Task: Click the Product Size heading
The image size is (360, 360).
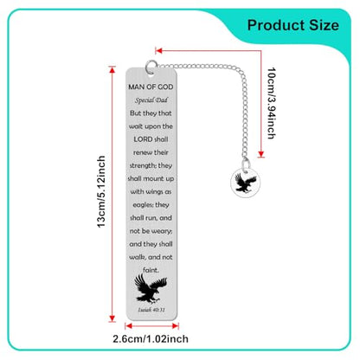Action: pos(292,25)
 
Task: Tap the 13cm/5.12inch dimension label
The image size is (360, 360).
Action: pos(101,192)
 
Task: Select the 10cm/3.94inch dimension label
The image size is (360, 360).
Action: pos(272,103)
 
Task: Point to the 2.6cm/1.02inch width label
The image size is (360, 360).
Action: pos(151,338)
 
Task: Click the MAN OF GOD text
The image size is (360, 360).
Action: pos(151,87)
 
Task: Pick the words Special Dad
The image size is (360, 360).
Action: pos(151,100)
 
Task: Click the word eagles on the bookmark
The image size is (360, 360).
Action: pos(142,205)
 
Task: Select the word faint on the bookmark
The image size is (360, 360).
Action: pos(151,270)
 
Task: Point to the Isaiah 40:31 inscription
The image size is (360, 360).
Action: pos(151,310)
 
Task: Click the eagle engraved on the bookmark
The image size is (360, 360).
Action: pos(151,289)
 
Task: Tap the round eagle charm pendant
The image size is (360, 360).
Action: pos(244,183)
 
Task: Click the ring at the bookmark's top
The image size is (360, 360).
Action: pos(151,67)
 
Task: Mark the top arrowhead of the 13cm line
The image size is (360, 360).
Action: pos(112,70)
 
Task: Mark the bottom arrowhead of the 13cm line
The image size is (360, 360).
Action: pos(112,318)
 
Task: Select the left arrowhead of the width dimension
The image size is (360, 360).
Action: pos(129,326)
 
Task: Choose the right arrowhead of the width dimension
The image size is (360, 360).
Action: pos(175,326)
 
